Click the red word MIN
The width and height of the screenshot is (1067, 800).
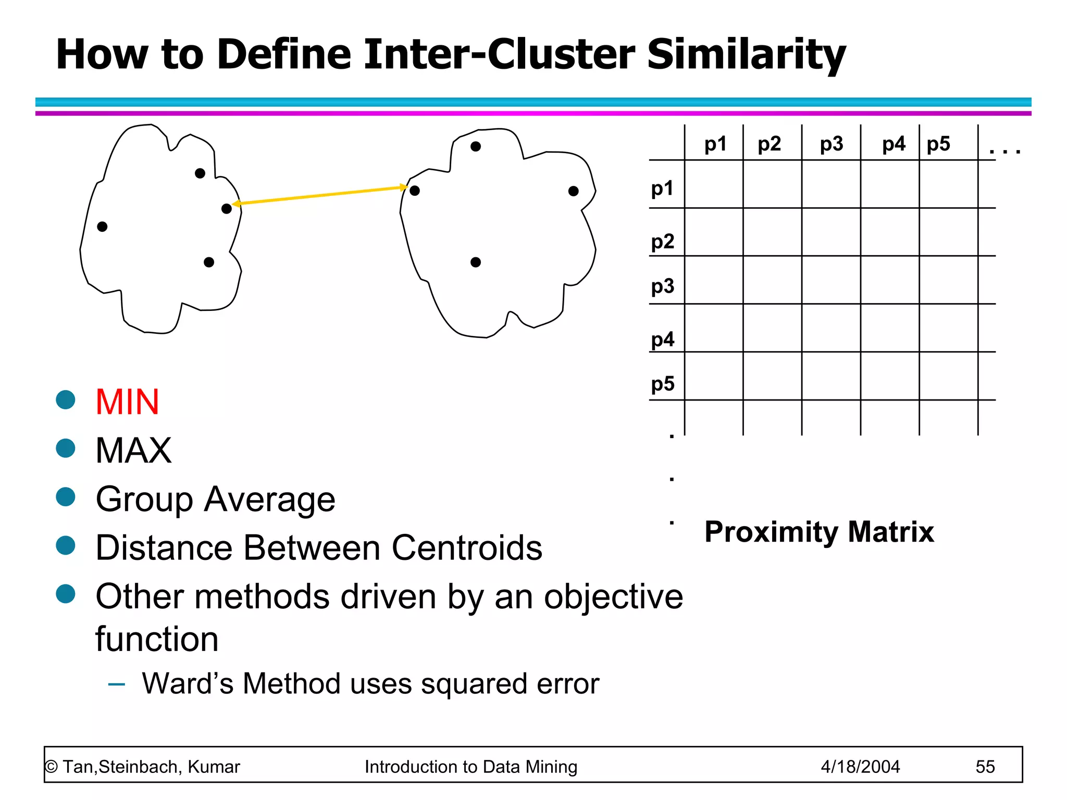(127, 402)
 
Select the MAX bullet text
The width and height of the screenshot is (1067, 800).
(133, 451)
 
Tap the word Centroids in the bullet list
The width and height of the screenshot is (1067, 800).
(467, 548)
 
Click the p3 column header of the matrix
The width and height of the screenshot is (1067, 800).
(831, 144)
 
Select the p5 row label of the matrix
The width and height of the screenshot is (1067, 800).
(662, 384)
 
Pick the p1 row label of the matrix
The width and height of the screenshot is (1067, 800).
(662, 188)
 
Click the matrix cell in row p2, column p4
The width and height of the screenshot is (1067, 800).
(890, 232)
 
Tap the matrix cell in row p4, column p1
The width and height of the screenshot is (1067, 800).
(714, 328)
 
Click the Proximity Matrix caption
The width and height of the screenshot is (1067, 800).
(819, 532)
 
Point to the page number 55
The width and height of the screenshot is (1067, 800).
(985, 767)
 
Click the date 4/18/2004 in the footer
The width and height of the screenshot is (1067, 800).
(860, 767)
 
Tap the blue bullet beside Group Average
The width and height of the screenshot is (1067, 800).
(66, 497)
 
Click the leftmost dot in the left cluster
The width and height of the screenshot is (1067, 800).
(102, 227)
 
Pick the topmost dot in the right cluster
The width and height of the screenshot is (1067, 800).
(475, 147)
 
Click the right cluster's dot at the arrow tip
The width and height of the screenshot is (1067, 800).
(415, 191)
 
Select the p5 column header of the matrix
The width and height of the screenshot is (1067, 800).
(938, 144)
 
